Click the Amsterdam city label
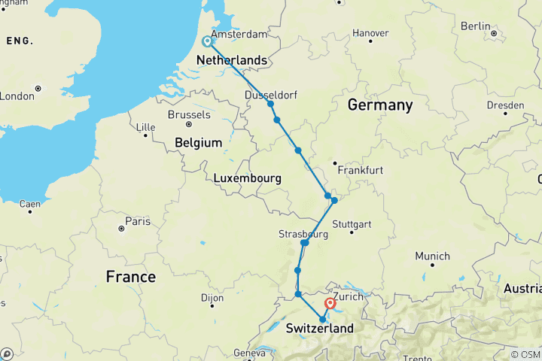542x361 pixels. coord(239,35)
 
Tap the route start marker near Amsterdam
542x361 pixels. coord(207,41)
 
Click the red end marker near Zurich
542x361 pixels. coord(330,305)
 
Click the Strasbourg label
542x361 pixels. coord(303,234)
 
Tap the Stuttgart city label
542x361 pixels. coord(352,224)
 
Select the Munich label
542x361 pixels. coord(432,256)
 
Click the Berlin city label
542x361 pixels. coord(475,26)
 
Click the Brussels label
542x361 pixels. coord(189,115)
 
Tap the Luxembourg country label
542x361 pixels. coord(248,178)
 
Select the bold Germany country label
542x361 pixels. coord(379,105)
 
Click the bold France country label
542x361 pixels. coord(130,277)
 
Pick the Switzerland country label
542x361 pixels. coord(319,329)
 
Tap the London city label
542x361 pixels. coord(17,96)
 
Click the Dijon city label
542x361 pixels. coord(213,298)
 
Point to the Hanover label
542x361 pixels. coord(370,33)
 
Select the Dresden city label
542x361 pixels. coord(505,105)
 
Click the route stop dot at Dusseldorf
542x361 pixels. coord(270,104)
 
